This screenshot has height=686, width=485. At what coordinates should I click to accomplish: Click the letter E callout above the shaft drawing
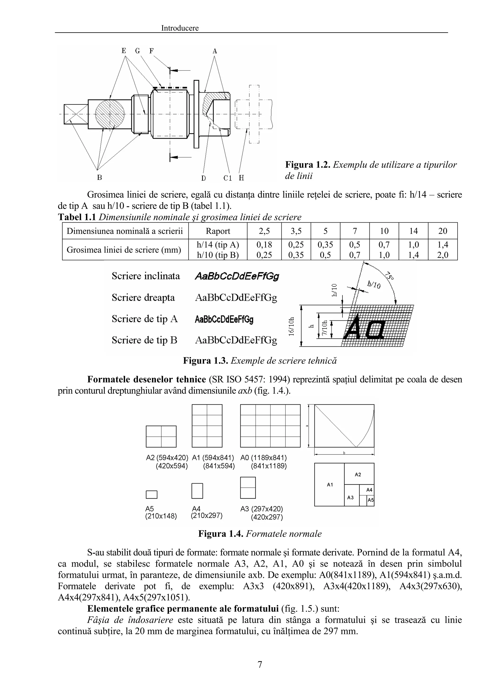[x=124, y=51]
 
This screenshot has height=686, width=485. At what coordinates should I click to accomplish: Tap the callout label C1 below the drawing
[x=228, y=178]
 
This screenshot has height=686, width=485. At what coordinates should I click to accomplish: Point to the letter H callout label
[x=242, y=178]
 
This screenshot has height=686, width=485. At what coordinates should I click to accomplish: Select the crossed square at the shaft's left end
[x=76, y=114]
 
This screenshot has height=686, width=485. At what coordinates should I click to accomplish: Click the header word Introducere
[x=180, y=28]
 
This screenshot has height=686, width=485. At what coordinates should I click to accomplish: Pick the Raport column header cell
[x=218, y=231]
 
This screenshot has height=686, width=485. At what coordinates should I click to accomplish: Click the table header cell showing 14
[x=413, y=231]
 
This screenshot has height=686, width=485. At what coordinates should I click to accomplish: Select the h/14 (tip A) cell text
[x=218, y=245]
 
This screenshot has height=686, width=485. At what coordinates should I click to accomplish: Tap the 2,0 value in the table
[x=443, y=255]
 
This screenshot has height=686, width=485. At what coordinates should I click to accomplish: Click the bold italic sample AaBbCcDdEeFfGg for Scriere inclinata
[x=237, y=276]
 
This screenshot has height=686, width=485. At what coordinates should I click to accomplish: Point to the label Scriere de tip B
[x=145, y=340]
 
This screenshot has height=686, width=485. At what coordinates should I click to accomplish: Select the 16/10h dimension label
[x=291, y=327]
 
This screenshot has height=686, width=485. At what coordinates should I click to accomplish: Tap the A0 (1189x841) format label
[x=264, y=458]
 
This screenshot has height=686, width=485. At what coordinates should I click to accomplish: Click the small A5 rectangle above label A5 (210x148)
[x=152, y=495]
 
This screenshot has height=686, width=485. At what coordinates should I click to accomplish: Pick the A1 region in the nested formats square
[x=330, y=485]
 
